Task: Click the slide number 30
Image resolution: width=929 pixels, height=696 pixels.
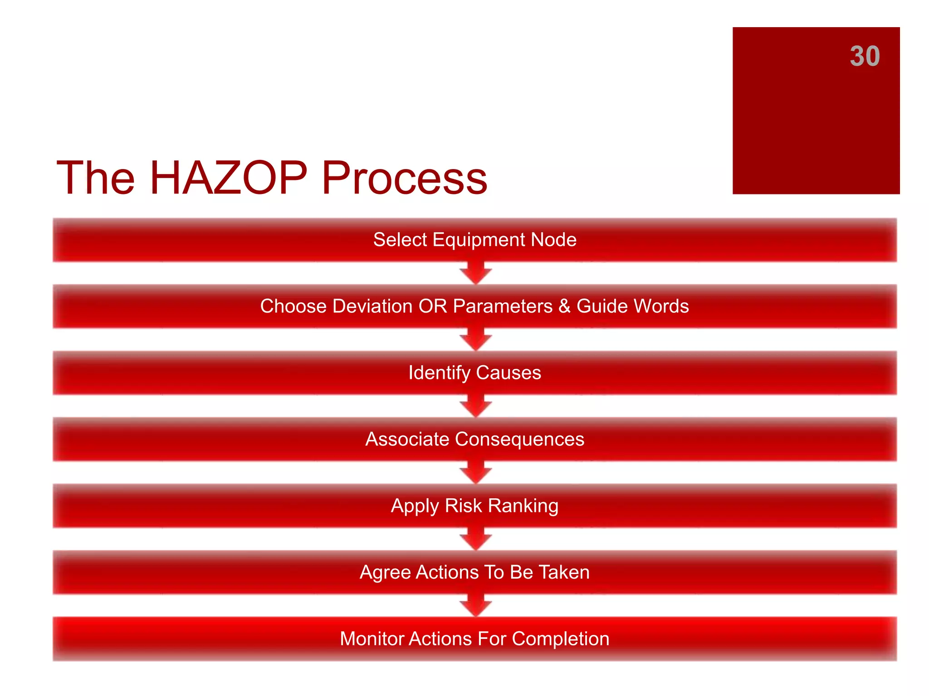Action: coord(865,57)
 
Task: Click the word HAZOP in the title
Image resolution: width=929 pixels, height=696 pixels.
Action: coord(228,178)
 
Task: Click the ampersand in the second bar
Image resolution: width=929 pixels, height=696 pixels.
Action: coord(564,306)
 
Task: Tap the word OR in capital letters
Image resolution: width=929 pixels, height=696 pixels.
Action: coord(432,306)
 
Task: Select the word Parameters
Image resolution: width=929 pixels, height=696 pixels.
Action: coord(503,306)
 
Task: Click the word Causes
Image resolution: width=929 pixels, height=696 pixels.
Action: coord(508,373)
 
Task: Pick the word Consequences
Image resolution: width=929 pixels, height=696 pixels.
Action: coord(519,440)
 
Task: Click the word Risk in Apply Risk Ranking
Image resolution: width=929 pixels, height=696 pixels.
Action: coord(463,506)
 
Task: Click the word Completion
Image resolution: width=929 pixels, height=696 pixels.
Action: coord(560,639)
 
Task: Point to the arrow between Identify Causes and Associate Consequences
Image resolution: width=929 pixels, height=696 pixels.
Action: coord(475,406)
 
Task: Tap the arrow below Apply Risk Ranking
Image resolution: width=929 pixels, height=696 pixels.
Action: coord(475,539)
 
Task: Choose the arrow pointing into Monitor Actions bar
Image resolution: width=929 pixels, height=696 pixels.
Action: coord(475,606)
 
